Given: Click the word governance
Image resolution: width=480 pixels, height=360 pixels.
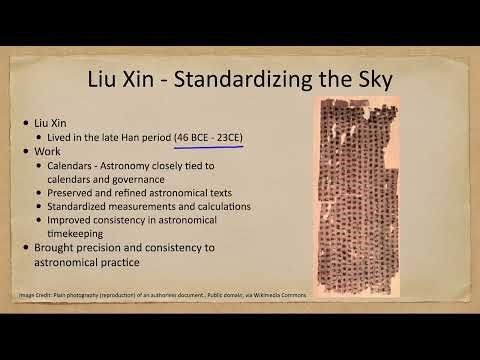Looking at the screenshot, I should point(140,179).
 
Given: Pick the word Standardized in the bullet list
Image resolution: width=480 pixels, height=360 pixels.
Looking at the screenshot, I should point(76,207).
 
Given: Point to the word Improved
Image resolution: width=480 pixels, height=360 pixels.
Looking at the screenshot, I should point(69,221).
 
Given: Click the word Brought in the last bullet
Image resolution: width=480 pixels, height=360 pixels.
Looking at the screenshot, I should point(58,249).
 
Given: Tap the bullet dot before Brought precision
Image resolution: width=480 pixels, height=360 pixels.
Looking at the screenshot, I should point(28,249).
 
